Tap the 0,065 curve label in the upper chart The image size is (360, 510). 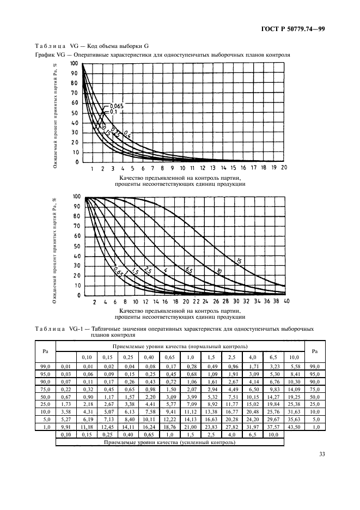(117, 106)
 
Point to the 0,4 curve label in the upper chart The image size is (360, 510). (127, 133)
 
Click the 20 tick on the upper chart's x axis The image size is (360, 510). (284, 168)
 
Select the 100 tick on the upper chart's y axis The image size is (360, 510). (74, 64)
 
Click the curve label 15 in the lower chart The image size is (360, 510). (239, 262)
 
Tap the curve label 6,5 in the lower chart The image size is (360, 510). (189, 270)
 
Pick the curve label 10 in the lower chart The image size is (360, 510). (218, 271)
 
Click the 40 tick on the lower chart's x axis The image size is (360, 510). (286, 301)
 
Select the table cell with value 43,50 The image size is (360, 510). (293, 428)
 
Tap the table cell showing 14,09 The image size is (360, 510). (293, 390)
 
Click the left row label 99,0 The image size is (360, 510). (46, 367)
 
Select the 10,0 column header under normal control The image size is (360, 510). (293, 357)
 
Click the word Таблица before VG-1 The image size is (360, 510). (50, 329)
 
